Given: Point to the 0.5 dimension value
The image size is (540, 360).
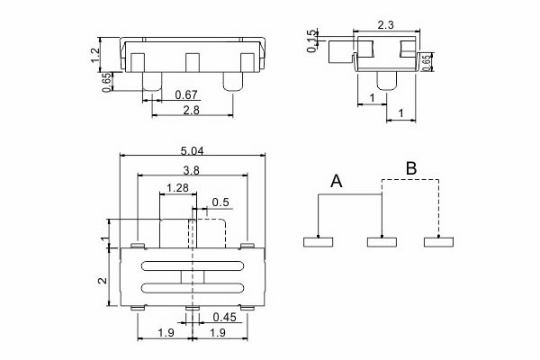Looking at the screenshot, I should pos(220,201).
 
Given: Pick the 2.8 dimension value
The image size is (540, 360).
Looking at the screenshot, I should pos(191,110).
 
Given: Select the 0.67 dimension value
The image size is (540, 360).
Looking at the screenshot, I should pos(186,94).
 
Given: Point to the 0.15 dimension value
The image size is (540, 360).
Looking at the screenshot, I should pos(311,40).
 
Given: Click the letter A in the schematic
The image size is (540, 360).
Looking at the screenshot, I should pos(337,181).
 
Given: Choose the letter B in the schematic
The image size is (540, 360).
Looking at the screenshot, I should pos(410,167).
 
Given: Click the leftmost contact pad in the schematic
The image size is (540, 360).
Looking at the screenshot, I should pos(319,241).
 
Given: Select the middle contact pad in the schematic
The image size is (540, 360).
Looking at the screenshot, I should pos(382,241).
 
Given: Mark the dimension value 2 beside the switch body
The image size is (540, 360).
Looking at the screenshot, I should pos(103,280).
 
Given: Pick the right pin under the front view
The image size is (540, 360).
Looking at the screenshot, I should pos(230,82).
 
